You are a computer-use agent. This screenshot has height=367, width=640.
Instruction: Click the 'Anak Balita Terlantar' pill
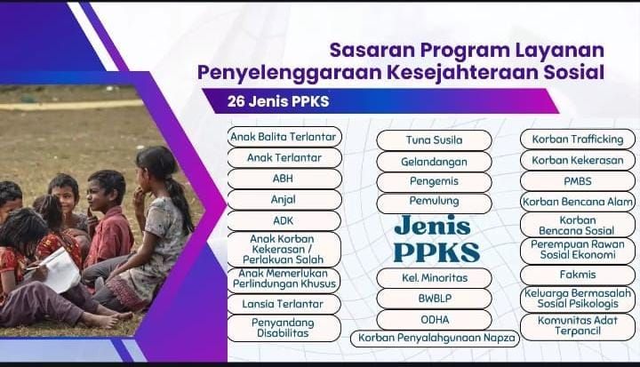(x=284, y=137)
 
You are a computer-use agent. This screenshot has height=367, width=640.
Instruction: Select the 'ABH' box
(x=284, y=179)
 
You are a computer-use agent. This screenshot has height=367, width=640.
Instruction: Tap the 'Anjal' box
(x=284, y=200)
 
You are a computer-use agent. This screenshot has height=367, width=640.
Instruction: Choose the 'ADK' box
(x=284, y=221)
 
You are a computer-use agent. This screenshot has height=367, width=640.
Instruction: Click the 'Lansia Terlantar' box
(x=284, y=304)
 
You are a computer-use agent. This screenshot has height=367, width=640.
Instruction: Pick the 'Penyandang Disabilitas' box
(x=284, y=328)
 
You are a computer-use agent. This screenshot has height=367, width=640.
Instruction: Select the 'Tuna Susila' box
(x=434, y=140)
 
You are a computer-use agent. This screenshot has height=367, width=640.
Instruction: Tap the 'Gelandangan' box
(x=434, y=162)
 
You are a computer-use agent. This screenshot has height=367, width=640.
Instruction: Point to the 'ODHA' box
(x=434, y=320)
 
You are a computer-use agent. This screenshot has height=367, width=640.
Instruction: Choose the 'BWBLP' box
(x=434, y=299)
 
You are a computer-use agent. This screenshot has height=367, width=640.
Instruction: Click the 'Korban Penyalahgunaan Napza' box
(x=435, y=339)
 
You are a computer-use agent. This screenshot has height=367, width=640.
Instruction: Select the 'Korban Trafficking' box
(x=578, y=140)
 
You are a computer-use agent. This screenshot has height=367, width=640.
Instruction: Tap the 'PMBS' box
(x=578, y=181)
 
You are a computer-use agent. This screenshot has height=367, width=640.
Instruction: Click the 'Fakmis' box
(x=578, y=275)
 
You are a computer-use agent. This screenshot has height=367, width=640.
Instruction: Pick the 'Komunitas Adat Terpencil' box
(x=578, y=327)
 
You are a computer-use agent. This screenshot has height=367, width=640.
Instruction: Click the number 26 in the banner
(x=236, y=101)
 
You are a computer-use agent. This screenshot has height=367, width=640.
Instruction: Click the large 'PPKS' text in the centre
(x=436, y=252)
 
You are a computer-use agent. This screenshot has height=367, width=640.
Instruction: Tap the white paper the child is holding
(x=61, y=270)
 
